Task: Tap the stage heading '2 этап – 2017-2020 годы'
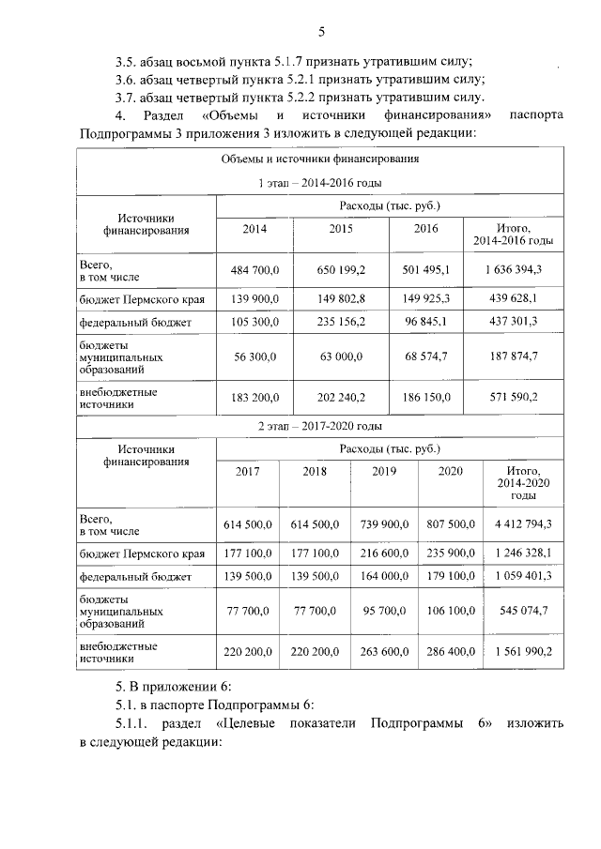coord(319,426)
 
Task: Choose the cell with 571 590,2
coord(514,398)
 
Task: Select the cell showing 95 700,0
coord(384,611)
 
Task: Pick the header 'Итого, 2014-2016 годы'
coord(514,235)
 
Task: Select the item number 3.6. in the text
coord(131,79)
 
